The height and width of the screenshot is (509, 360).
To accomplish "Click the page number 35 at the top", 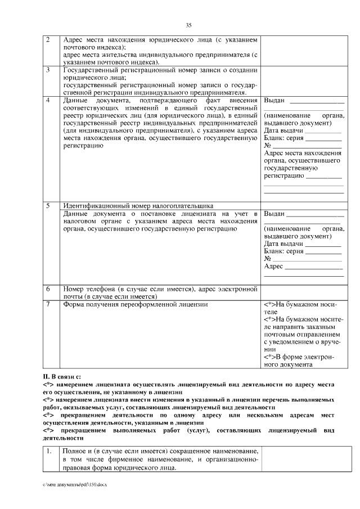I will coord(189,25).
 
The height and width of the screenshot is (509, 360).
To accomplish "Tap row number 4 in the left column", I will coord(48,100).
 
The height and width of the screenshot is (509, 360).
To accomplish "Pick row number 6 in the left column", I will coord(48,289).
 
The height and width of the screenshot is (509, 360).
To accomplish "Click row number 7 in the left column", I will coord(48,304).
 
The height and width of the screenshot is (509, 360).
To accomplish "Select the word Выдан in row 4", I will coord(274,101).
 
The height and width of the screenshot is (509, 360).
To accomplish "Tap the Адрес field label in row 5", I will coord(273,266).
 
